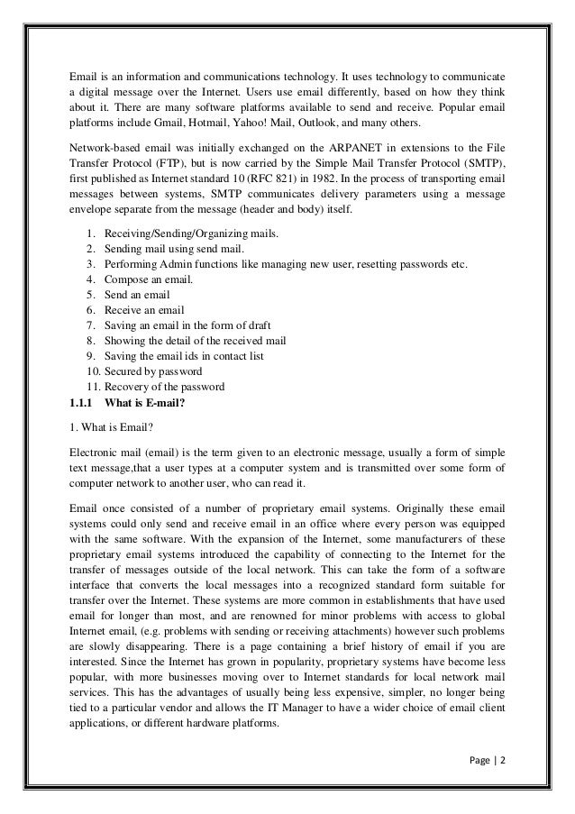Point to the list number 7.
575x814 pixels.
pos(89,325)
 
